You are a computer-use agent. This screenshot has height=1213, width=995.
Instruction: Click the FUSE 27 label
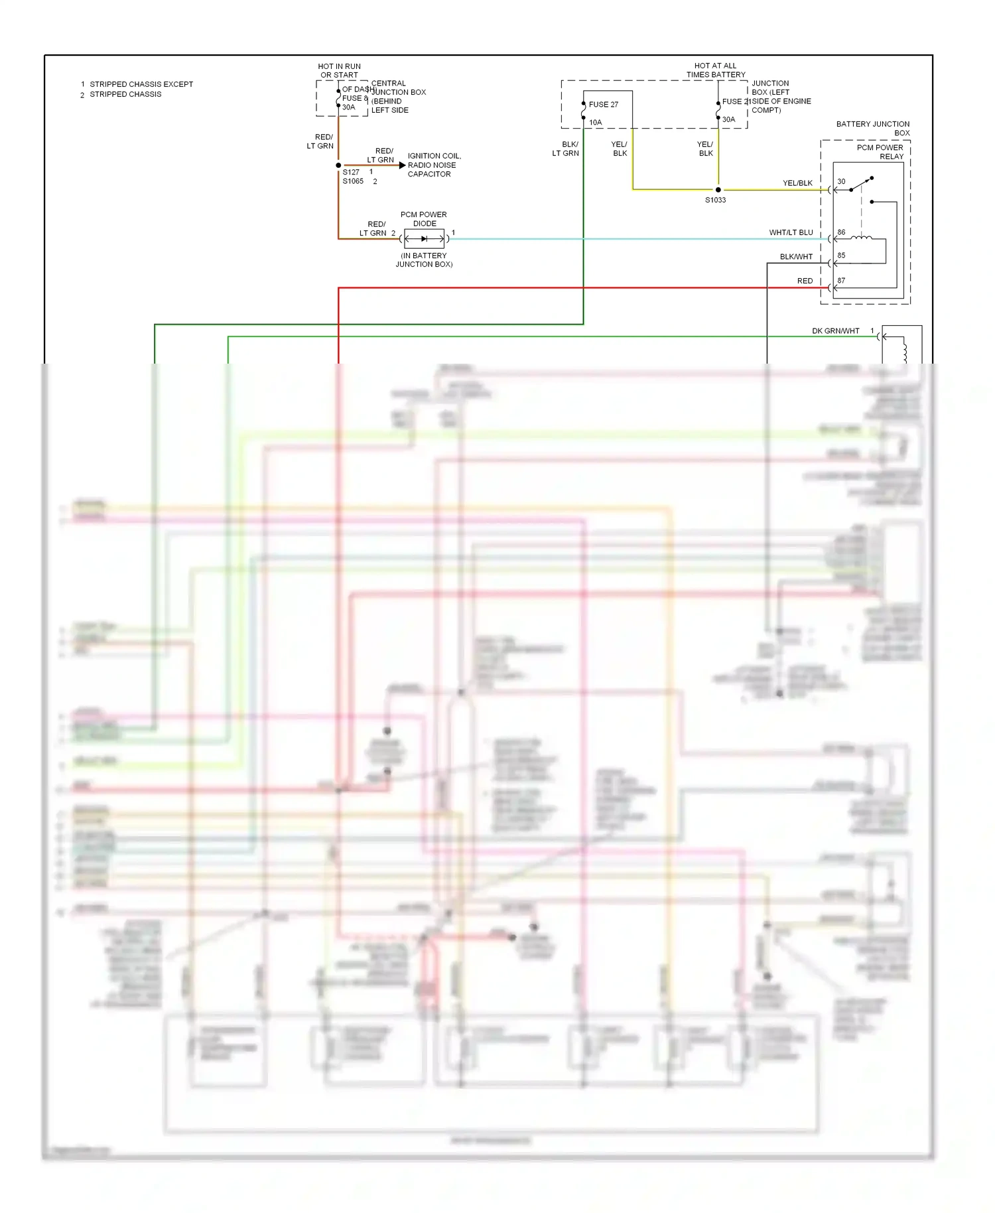pos(603,105)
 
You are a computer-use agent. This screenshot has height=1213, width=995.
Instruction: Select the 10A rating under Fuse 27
pos(595,123)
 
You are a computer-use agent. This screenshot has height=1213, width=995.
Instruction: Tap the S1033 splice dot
pos(718,190)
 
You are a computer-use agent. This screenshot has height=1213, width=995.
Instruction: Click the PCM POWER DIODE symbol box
pos(424,239)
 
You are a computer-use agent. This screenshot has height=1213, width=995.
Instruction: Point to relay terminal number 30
pos(841,182)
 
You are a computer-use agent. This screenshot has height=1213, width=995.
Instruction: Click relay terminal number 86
pos(841,233)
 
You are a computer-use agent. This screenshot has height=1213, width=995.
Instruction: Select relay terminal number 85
pos(841,255)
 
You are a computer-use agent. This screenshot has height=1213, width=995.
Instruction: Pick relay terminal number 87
pos(841,281)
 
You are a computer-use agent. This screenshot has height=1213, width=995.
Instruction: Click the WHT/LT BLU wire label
pos(791,233)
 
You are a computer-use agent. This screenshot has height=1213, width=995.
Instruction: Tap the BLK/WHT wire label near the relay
pos(796,257)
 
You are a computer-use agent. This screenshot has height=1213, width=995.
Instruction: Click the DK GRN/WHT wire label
pos(835,331)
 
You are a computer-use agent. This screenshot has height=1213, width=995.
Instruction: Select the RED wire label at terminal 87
pos(805,281)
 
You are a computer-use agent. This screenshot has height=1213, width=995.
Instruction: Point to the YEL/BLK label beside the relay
pos(797,183)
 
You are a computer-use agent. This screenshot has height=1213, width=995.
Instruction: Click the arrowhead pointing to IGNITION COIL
pos(402,165)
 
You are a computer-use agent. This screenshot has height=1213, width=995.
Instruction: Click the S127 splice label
pos(351,173)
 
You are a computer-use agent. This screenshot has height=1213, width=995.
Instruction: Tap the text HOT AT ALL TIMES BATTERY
pos(715,70)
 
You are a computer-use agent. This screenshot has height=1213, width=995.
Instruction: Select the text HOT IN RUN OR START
pos(339,71)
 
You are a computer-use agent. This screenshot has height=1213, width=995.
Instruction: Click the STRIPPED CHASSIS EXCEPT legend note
pos(141,84)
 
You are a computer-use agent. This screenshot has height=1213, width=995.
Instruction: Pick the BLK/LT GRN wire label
pos(566,149)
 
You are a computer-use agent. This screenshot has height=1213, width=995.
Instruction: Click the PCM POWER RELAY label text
pos(880,152)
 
